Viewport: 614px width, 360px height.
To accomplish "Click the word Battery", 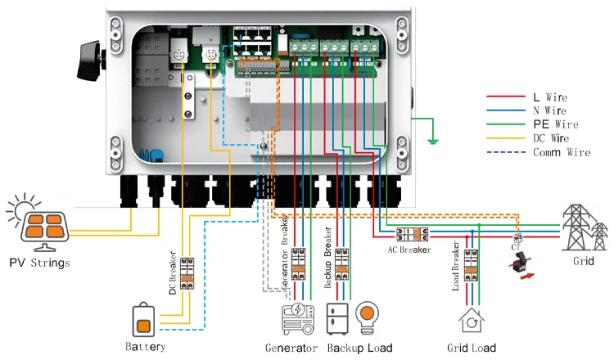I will (146, 347).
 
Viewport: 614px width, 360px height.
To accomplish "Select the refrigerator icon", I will (339, 318).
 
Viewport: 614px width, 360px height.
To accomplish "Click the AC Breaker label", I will (409, 250).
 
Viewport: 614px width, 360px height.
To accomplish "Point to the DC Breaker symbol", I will (187, 272).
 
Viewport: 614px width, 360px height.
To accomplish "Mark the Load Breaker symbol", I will (472, 267).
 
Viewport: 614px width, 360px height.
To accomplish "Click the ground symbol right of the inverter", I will (431, 140).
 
